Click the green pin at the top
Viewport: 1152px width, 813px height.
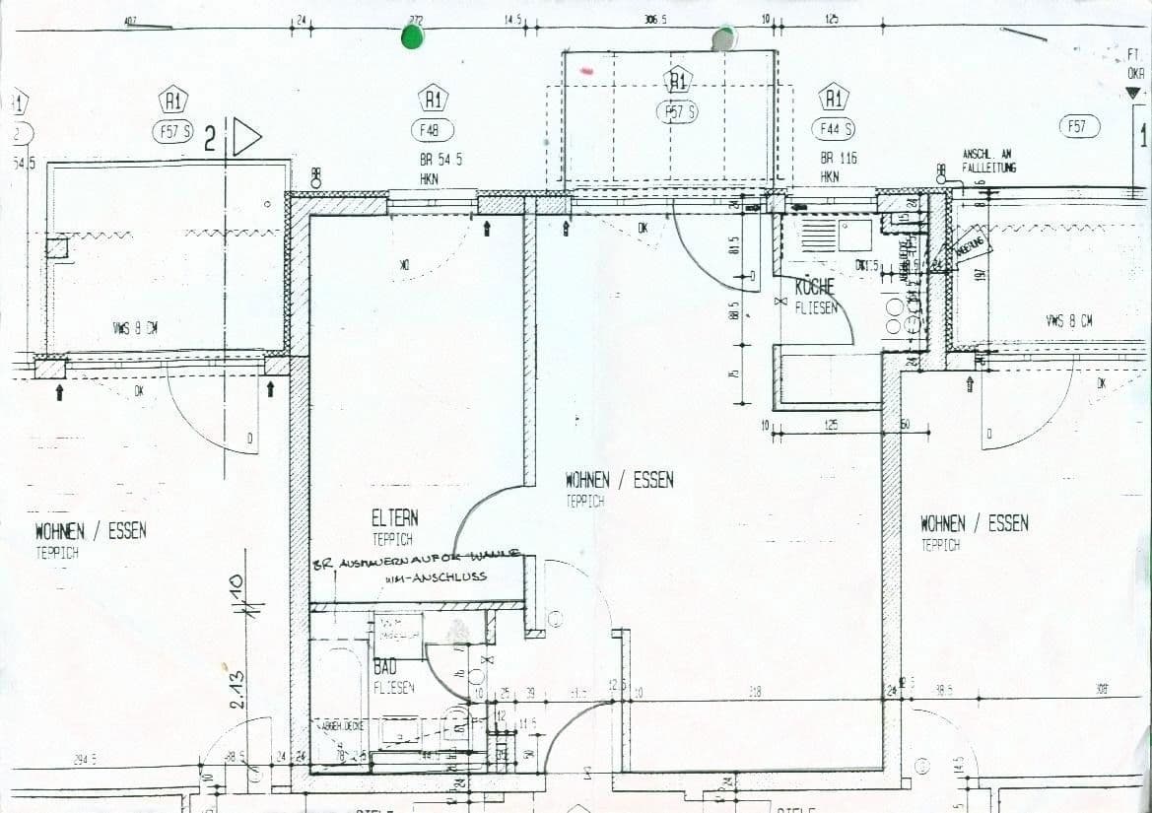412,37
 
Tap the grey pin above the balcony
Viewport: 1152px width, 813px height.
723,37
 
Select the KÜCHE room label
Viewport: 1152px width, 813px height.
815,287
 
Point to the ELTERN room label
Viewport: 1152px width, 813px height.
394,517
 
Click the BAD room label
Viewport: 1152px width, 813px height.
384,668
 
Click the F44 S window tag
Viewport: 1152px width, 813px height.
833,129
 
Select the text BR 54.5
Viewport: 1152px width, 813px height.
440,159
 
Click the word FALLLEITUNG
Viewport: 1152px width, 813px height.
988,169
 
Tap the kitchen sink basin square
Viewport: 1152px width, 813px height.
854,235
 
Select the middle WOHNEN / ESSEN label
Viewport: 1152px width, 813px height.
619,480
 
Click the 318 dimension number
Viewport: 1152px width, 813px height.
755,693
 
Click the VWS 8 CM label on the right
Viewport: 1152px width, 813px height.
1068,320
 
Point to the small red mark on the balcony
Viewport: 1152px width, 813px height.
587,71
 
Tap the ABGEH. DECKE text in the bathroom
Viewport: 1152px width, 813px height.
340,725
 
